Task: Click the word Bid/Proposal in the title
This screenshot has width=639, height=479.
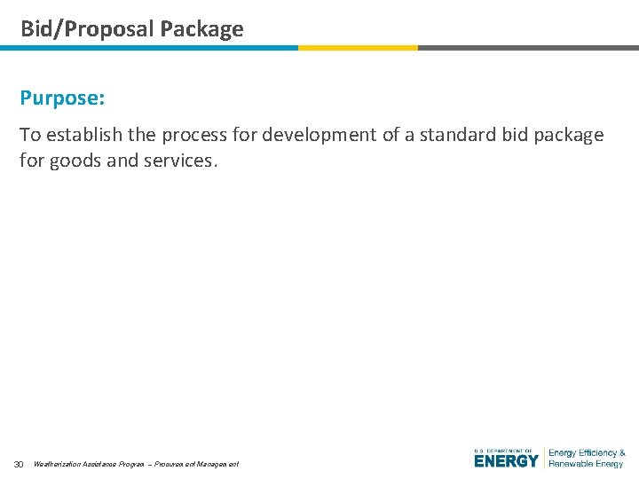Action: point(86,29)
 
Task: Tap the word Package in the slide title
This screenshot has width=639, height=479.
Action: point(201,29)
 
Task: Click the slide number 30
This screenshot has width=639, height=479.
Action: point(18,465)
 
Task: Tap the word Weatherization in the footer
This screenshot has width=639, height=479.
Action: point(55,465)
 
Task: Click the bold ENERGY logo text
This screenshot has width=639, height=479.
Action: point(506,461)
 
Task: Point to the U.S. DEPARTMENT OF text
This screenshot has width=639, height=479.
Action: point(503,451)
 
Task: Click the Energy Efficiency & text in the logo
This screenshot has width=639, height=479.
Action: point(587,453)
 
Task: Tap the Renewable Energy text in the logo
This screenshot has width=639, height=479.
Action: point(586,464)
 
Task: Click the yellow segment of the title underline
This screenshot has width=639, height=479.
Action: point(358,48)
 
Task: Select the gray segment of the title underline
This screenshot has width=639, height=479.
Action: point(528,48)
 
